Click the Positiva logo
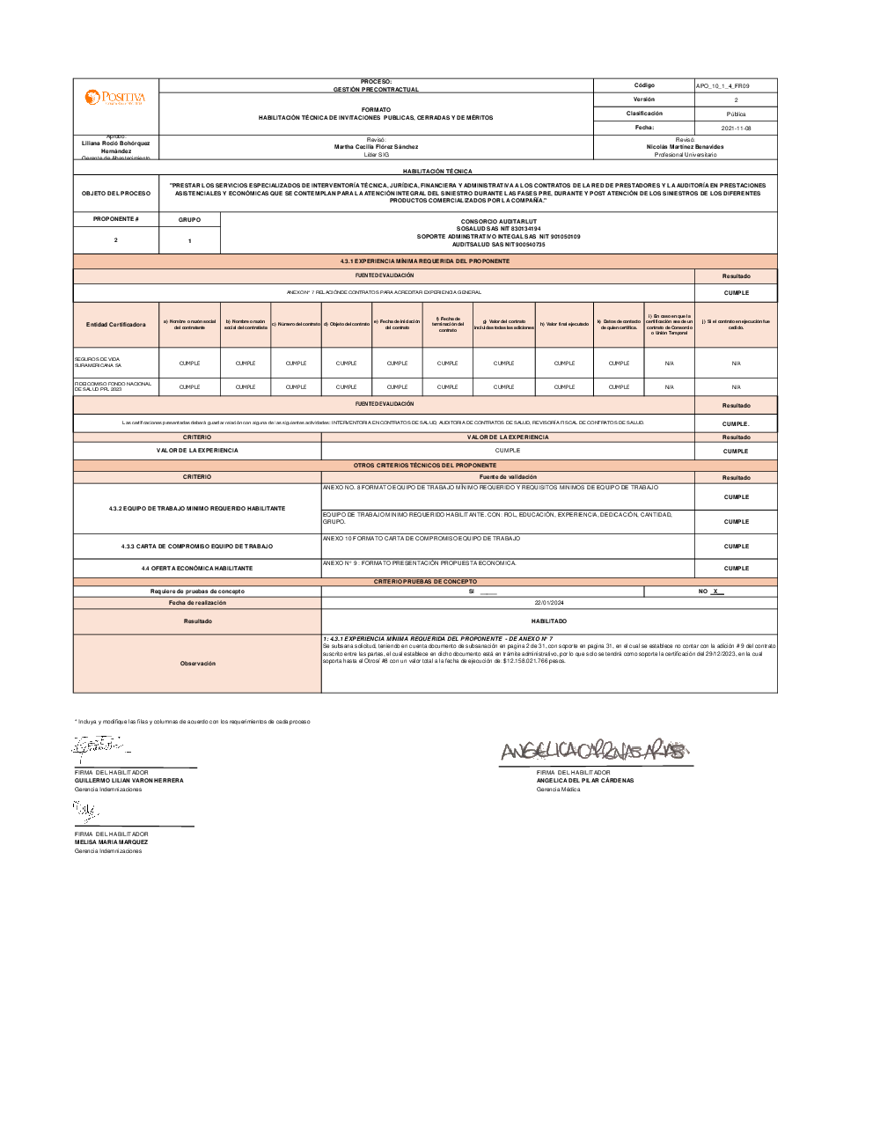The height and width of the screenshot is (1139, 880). pos(115,97)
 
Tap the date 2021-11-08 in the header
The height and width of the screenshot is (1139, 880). pos(736,129)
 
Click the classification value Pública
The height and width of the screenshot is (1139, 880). pos(736,114)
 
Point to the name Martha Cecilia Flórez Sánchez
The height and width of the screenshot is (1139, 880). pos(376,147)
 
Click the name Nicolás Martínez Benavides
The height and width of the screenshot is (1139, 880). pos(685,147)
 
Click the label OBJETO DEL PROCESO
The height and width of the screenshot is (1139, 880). pos(116,194)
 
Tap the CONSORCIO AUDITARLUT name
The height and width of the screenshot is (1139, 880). pos(498,222)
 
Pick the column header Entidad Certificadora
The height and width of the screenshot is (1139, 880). pos(116,325)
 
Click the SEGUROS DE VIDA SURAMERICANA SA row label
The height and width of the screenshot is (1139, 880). pos(98,363)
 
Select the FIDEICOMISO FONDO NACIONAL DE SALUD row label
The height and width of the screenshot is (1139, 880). pos(113,386)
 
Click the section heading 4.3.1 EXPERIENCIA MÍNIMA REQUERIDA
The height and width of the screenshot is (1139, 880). pos(425,261)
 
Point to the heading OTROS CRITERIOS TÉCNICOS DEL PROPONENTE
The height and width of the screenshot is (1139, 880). pos(425,465)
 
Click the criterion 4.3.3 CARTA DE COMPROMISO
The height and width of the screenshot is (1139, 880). pos(197,547)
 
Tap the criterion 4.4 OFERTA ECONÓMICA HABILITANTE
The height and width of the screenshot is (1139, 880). pos(197,569)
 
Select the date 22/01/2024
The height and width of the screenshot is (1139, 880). pos(549,603)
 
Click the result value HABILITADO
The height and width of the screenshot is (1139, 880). pos(549,621)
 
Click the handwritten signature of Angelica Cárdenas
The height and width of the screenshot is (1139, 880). pos(594,751)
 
